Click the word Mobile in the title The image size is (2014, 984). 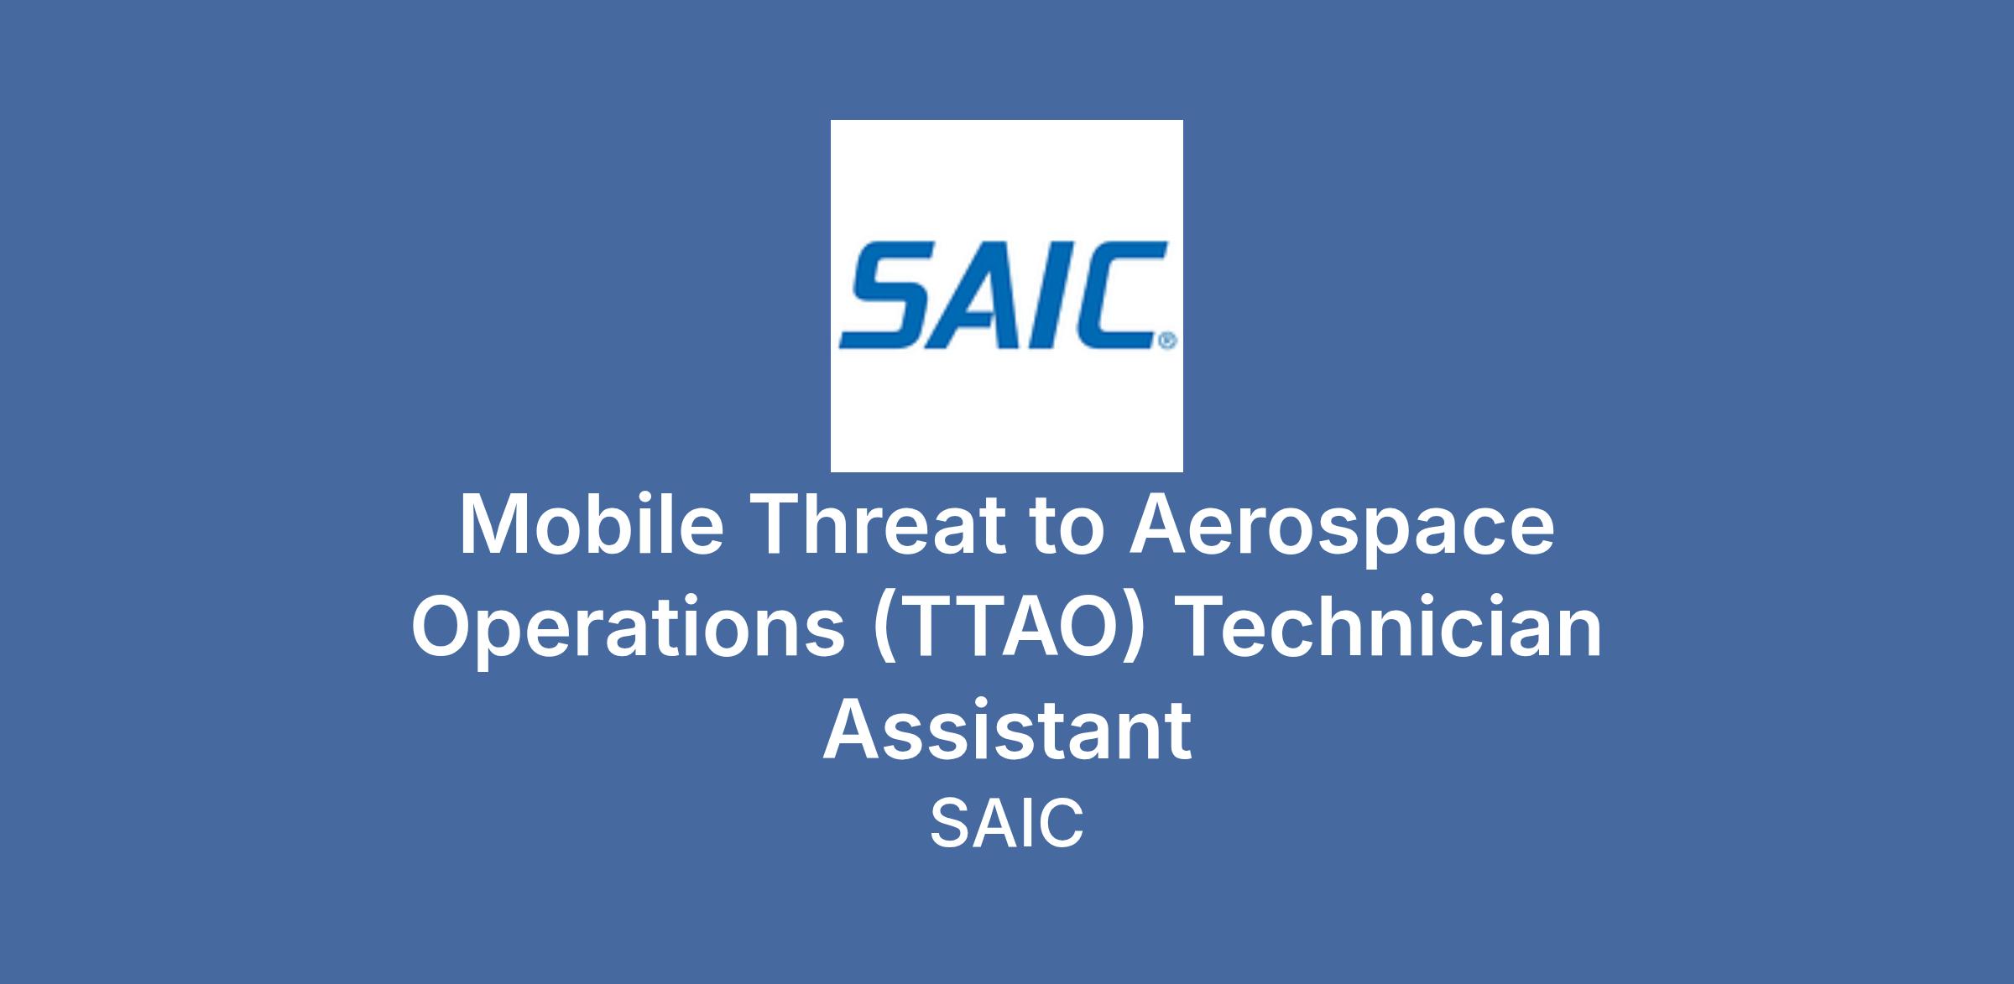coord(592,525)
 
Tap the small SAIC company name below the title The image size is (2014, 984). coord(1006,824)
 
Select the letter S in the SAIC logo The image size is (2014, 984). coord(886,295)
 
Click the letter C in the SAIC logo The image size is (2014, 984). coord(1112,295)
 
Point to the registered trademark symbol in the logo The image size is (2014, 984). coord(1167,341)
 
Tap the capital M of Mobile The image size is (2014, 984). coord(490,525)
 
